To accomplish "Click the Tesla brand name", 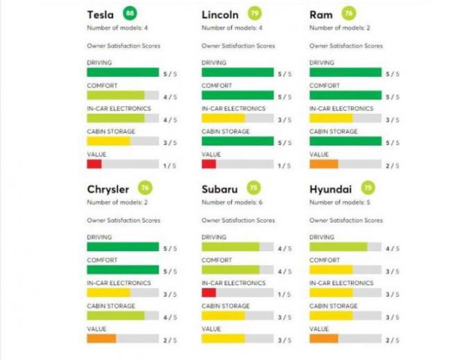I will [x=101, y=15].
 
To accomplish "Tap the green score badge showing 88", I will [x=129, y=13].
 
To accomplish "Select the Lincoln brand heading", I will [x=220, y=15].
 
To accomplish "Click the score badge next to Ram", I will [x=348, y=13].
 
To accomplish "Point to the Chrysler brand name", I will [x=108, y=189].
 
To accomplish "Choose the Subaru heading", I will [x=221, y=189].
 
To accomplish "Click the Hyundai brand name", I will [x=331, y=189].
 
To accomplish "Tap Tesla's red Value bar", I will [x=94, y=164].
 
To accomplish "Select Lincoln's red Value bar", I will [x=209, y=164].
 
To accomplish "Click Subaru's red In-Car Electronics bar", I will [x=209, y=293].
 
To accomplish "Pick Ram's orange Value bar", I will [x=323, y=164].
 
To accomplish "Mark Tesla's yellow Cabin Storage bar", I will [x=108, y=142].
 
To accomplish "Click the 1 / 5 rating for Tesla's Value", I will [x=169, y=166].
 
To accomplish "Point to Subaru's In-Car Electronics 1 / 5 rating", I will [x=285, y=294].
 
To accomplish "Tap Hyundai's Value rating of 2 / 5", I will [x=392, y=341].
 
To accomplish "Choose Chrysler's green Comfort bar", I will [x=123, y=270].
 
